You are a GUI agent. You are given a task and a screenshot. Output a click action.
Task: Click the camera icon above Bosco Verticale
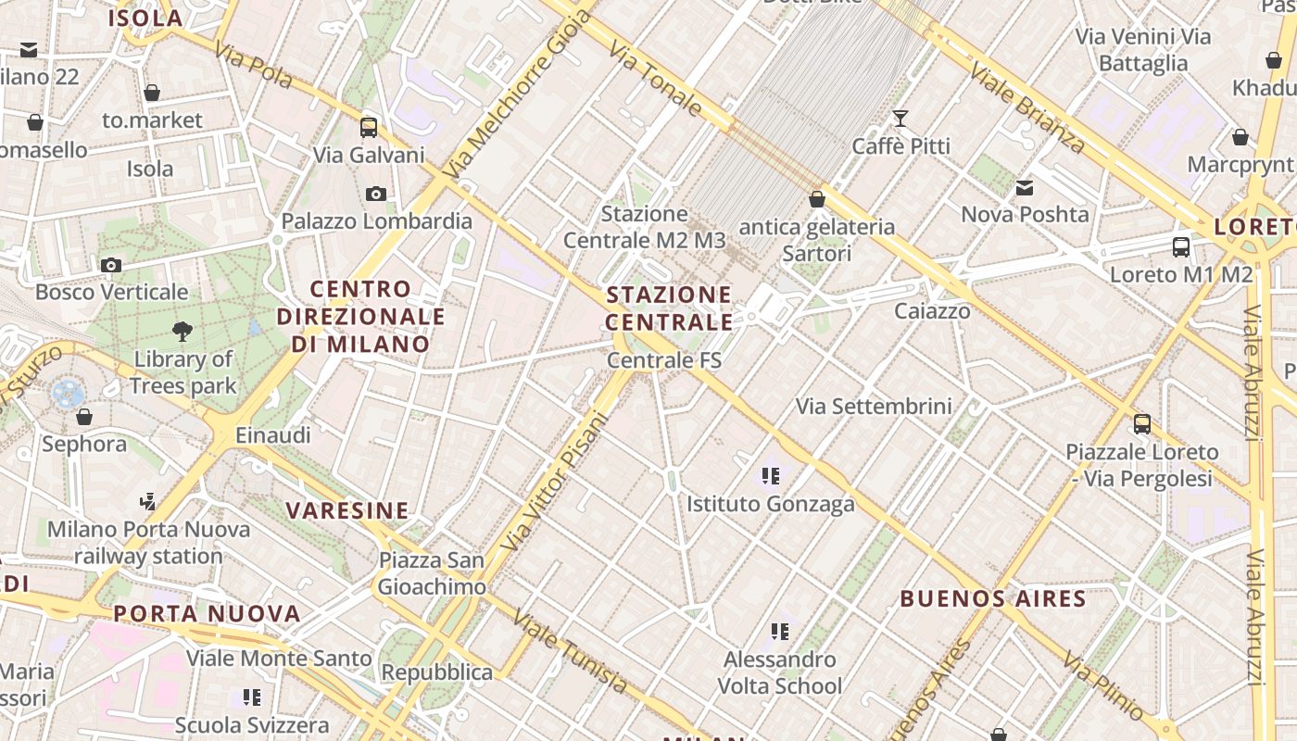point(111,265)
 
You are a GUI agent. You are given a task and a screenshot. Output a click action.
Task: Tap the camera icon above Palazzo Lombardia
point(376,194)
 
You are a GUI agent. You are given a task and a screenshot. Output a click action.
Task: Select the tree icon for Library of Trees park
point(183,331)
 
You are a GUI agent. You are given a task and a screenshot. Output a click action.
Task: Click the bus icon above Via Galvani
point(369,128)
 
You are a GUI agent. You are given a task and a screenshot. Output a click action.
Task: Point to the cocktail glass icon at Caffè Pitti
point(900,119)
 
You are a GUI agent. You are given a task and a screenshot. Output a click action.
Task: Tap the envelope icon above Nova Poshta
point(1025,188)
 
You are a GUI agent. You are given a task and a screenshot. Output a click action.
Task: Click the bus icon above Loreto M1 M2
point(1181,247)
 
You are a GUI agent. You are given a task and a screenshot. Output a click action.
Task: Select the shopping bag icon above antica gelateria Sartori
point(817,199)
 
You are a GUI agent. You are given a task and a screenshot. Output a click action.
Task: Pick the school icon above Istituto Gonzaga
point(770,476)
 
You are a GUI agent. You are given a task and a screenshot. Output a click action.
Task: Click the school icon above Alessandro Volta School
point(780,632)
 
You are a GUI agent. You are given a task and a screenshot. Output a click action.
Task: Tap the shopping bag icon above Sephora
point(84,417)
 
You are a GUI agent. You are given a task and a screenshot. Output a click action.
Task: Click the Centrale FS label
point(664,359)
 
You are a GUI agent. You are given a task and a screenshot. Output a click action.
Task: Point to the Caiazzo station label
point(932,311)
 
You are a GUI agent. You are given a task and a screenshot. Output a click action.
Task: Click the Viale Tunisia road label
point(570,652)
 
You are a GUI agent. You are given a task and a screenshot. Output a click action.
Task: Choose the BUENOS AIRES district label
point(993,598)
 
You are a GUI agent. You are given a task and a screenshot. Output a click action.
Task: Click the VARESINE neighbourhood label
point(347,510)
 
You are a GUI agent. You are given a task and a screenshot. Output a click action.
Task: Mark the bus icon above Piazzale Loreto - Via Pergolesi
point(1142,424)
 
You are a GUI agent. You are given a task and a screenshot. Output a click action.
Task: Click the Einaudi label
point(273,434)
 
